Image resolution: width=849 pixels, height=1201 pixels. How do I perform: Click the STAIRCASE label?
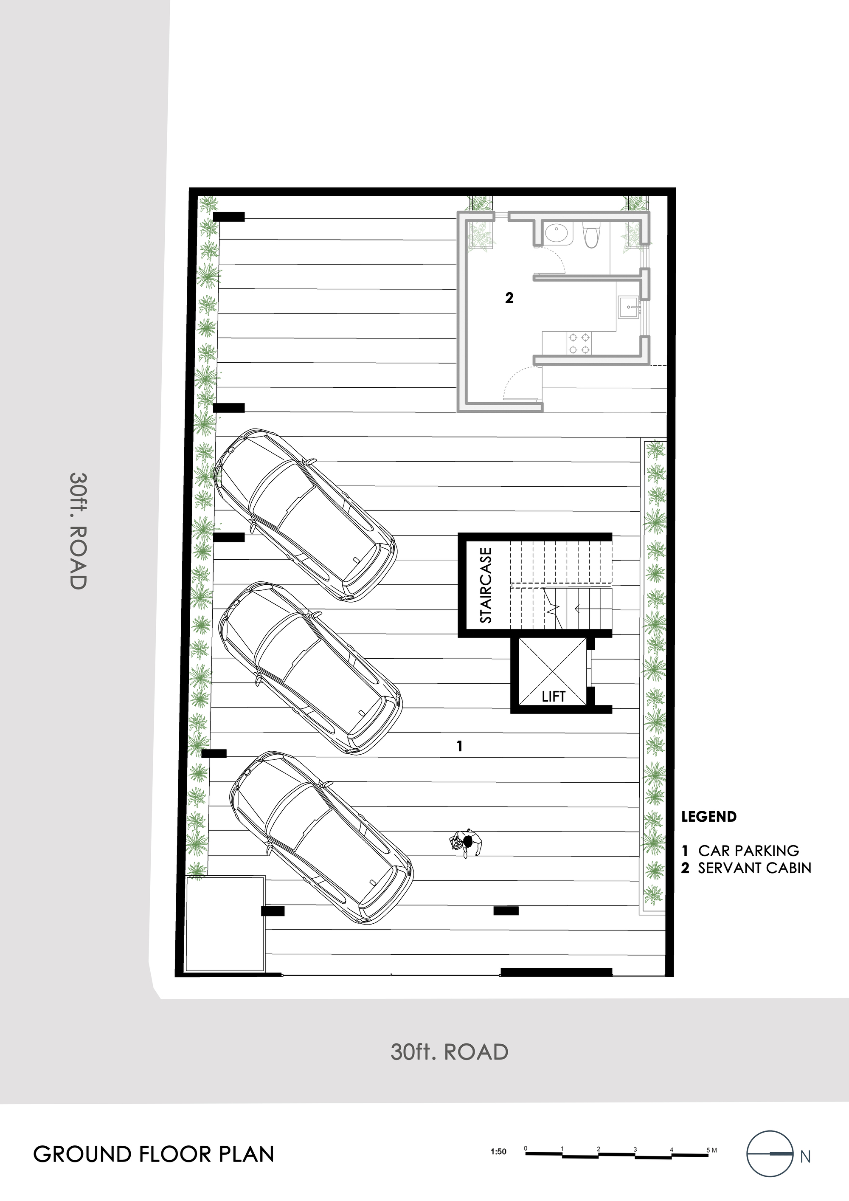486,585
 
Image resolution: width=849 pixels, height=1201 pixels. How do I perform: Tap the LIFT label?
554,696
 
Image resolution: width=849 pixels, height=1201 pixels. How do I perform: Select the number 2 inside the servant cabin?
509,298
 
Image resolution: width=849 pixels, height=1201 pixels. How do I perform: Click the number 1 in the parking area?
460,746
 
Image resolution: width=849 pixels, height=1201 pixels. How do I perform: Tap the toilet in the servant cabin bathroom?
592,235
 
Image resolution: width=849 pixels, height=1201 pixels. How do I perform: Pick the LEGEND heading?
708,817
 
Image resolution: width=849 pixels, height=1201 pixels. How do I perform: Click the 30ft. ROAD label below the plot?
450,1052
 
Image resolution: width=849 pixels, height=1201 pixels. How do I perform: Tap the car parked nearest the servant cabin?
305,515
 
